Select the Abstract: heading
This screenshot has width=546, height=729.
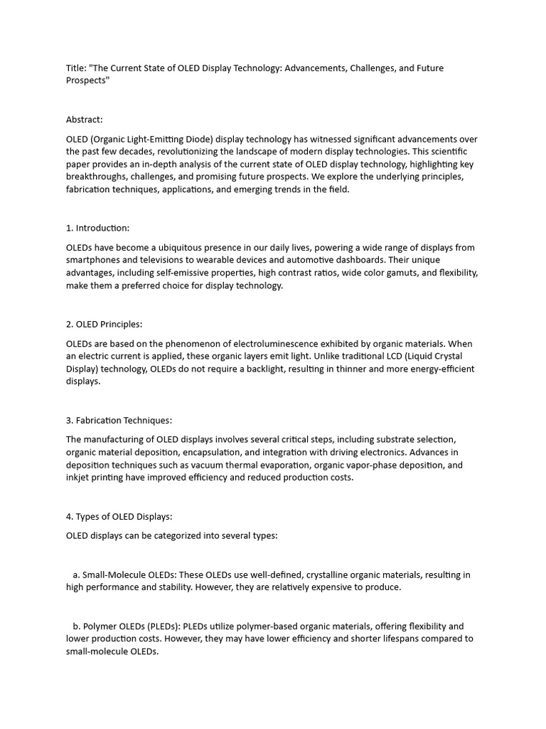click(85, 120)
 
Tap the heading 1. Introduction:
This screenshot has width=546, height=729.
click(97, 228)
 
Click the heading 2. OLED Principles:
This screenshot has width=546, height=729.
click(104, 324)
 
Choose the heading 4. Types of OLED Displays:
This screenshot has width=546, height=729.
click(119, 516)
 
